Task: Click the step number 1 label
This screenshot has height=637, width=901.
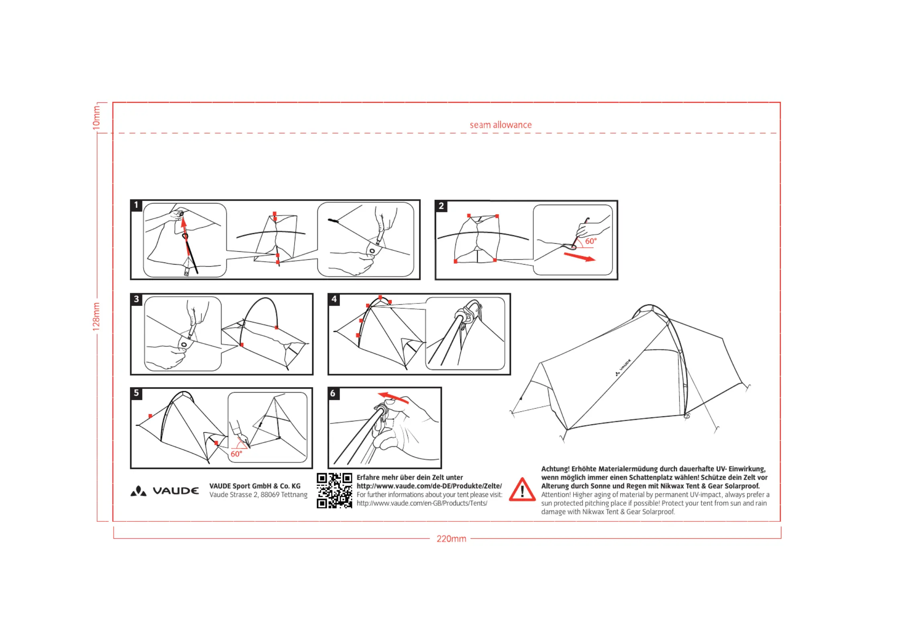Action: (x=136, y=205)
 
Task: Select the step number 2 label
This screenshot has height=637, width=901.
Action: (x=441, y=206)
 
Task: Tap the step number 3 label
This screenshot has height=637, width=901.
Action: (x=136, y=299)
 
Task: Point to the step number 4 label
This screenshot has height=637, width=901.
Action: (x=334, y=299)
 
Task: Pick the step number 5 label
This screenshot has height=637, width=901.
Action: (x=136, y=393)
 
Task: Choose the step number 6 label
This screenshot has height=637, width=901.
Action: (x=333, y=393)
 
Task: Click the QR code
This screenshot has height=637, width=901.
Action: (x=334, y=490)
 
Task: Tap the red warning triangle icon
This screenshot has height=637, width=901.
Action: (x=522, y=490)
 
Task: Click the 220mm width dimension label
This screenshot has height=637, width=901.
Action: (x=451, y=539)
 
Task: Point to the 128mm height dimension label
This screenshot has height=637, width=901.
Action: (x=96, y=317)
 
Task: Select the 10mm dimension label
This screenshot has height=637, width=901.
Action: (x=96, y=117)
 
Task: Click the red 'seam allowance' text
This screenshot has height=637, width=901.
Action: (x=500, y=125)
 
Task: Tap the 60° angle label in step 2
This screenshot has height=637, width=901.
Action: (x=591, y=241)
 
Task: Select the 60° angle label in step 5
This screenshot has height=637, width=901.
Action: (x=236, y=454)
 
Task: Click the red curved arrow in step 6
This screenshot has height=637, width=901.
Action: (x=393, y=397)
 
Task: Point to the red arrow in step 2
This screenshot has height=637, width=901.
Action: (x=580, y=257)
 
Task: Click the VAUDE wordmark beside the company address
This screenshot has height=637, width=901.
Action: (x=175, y=491)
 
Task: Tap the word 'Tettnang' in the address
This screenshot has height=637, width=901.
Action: (x=294, y=495)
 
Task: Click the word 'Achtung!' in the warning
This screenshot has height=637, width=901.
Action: (x=555, y=469)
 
